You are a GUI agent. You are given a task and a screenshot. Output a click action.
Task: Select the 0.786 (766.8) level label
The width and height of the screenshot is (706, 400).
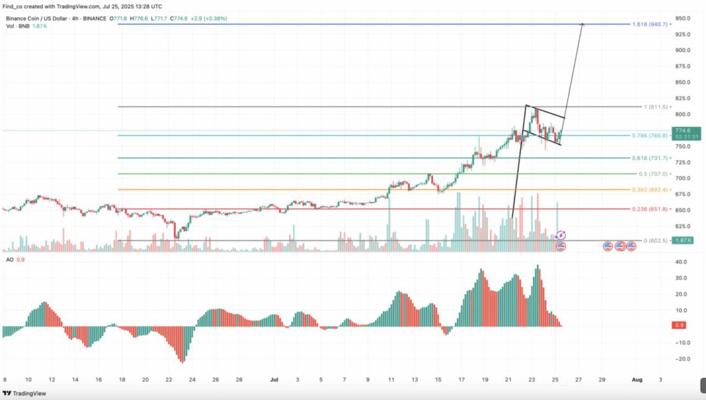[649, 135]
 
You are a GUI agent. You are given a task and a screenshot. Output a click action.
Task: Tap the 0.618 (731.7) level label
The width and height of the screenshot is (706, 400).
[649, 158]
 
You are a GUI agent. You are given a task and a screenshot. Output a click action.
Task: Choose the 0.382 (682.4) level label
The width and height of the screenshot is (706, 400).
[649, 189]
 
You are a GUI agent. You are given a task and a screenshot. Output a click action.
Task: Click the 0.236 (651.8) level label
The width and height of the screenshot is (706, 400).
[649, 209]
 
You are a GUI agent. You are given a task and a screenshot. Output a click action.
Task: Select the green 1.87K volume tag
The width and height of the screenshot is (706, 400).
[684, 240]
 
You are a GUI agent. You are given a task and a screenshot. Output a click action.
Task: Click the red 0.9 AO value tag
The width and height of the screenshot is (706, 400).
[678, 325]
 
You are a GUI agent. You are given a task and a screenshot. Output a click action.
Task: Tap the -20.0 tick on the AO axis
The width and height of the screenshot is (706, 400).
[683, 359]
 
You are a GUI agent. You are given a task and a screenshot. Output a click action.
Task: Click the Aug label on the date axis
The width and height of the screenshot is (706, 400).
[638, 379]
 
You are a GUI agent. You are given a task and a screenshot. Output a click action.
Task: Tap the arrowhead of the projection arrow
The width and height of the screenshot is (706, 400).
[583, 25]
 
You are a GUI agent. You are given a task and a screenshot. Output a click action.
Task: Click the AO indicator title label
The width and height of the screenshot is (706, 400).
[10, 259]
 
